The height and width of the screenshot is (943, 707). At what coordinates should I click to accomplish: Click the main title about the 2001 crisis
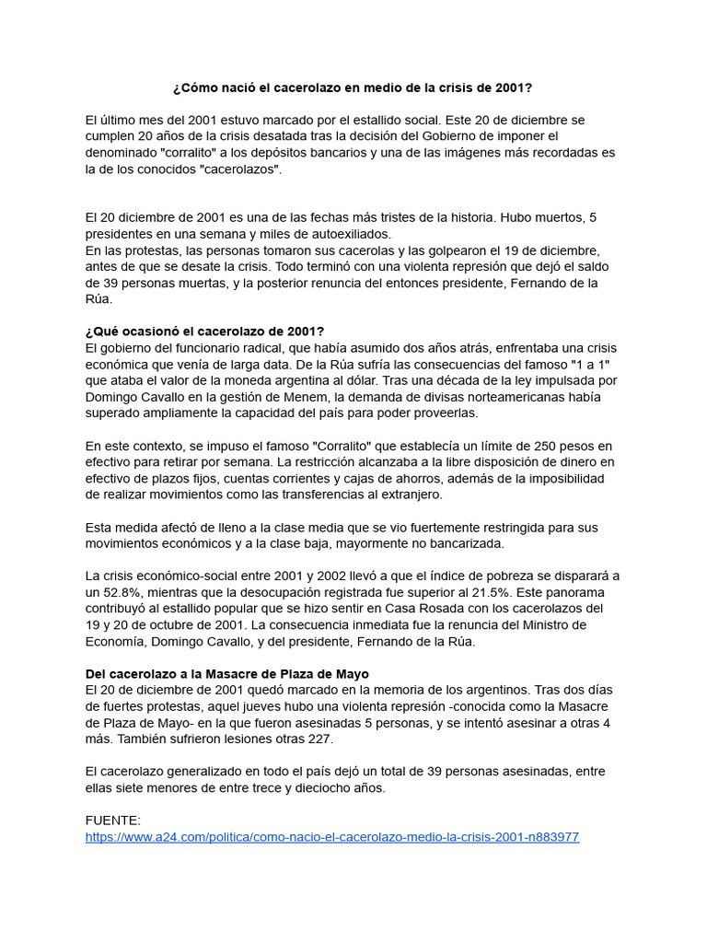point(353,88)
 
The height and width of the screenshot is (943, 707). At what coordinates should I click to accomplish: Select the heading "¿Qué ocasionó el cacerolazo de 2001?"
point(204,332)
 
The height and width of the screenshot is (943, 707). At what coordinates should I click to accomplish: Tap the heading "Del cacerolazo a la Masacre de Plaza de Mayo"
point(226,674)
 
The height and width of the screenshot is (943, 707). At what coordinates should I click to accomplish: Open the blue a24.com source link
point(332,837)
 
